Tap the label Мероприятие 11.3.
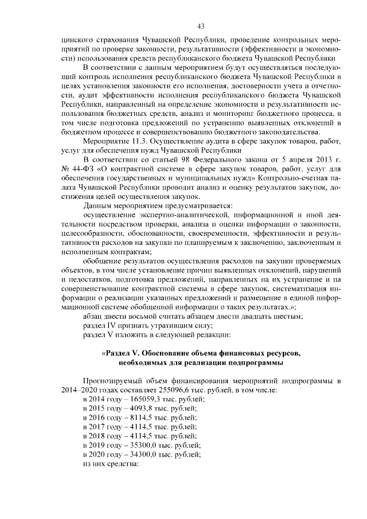[x=115, y=141]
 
